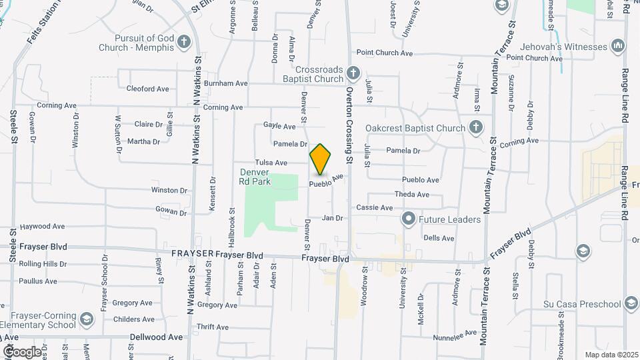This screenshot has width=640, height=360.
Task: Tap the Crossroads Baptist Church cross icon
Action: click(x=354, y=72)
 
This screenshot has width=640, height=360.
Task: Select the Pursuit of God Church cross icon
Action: click(x=185, y=43)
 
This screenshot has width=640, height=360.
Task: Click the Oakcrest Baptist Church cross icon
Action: click(x=475, y=127)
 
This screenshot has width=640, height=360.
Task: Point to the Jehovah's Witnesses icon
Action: click(x=618, y=46)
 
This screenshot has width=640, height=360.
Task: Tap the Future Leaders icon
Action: click(x=408, y=219)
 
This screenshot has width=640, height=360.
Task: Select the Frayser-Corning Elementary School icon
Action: click(x=86, y=319)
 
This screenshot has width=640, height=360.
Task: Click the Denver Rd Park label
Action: click(x=255, y=176)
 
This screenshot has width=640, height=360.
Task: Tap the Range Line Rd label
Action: click(x=626, y=57)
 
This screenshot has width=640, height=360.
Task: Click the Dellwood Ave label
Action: click(x=156, y=337)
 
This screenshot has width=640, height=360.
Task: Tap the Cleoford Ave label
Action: click(x=148, y=89)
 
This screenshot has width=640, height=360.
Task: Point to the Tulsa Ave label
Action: click(x=271, y=163)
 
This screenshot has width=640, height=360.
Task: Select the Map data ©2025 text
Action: click(x=611, y=355)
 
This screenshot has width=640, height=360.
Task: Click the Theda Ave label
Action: click(x=411, y=195)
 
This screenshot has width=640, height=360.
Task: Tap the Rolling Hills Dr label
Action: click(x=43, y=264)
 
